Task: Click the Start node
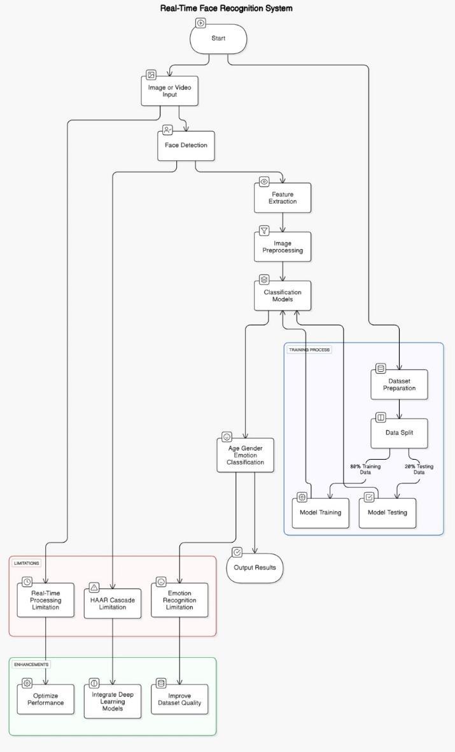tap(218, 39)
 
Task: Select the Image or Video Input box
tap(169, 91)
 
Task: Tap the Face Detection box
tap(186, 145)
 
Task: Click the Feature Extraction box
tap(283, 198)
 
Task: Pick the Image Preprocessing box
tap(283, 247)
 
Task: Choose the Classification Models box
tap(283, 295)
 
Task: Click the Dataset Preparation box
tap(399, 385)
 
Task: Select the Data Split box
tap(399, 433)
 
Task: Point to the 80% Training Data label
tap(365, 469)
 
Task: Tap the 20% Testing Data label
tap(419, 469)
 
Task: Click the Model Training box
tap(321, 513)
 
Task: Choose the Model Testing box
tap(388, 513)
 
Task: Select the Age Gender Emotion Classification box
tap(245, 455)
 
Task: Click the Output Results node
tap(255, 568)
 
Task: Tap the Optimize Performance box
tap(46, 699)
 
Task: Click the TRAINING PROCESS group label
tap(309, 350)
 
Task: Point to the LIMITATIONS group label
tap(26, 563)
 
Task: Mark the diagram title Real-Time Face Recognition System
tap(227, 8)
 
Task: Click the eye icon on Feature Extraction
tap(264, 181)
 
